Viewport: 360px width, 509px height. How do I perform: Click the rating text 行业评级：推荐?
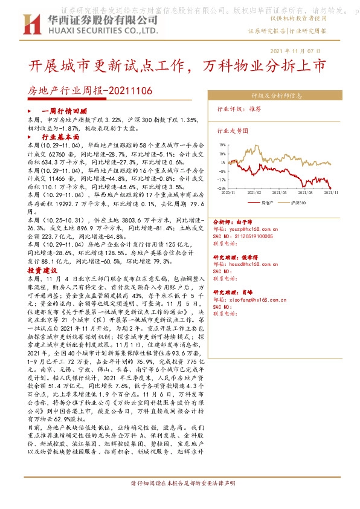pyautogui.click(x=239, y=110)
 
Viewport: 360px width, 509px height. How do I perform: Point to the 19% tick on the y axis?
pyautogui.click(x=222, y=145)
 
